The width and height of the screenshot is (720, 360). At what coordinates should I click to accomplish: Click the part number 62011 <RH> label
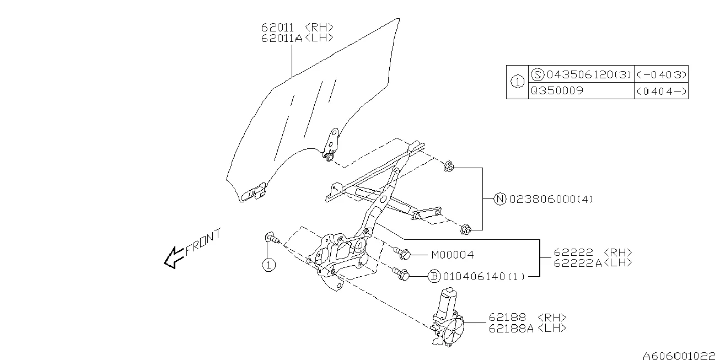(x=297, y=27)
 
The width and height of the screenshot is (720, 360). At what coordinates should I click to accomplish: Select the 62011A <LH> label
(x=297, y=37)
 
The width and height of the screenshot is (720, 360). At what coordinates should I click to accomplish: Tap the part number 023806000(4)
(x=551, y=199)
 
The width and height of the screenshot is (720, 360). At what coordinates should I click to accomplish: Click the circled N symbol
(x=499, y=199)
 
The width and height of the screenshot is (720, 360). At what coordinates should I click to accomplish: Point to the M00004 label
(x=452, y=255)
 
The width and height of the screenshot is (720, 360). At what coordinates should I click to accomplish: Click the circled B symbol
(x=434, y=276)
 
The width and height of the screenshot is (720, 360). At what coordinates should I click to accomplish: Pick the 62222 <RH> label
(x=585, y=252)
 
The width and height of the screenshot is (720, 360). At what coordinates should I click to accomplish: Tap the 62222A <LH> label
(x=585, y=263)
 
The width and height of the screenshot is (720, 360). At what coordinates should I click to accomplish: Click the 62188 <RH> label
(x=527, y=318)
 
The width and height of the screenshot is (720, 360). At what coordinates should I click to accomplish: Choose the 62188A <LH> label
(x=527, y=328)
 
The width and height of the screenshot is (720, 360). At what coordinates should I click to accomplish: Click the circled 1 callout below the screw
(x=268, y=265)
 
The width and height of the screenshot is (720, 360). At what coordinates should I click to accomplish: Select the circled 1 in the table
(x=517, y=82)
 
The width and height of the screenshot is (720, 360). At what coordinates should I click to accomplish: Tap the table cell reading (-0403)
(x=660, y=74)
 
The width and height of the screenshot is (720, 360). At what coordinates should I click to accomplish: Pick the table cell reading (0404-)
(x=660, y=92)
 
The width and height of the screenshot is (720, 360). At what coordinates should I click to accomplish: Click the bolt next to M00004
(x=402, y=254)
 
